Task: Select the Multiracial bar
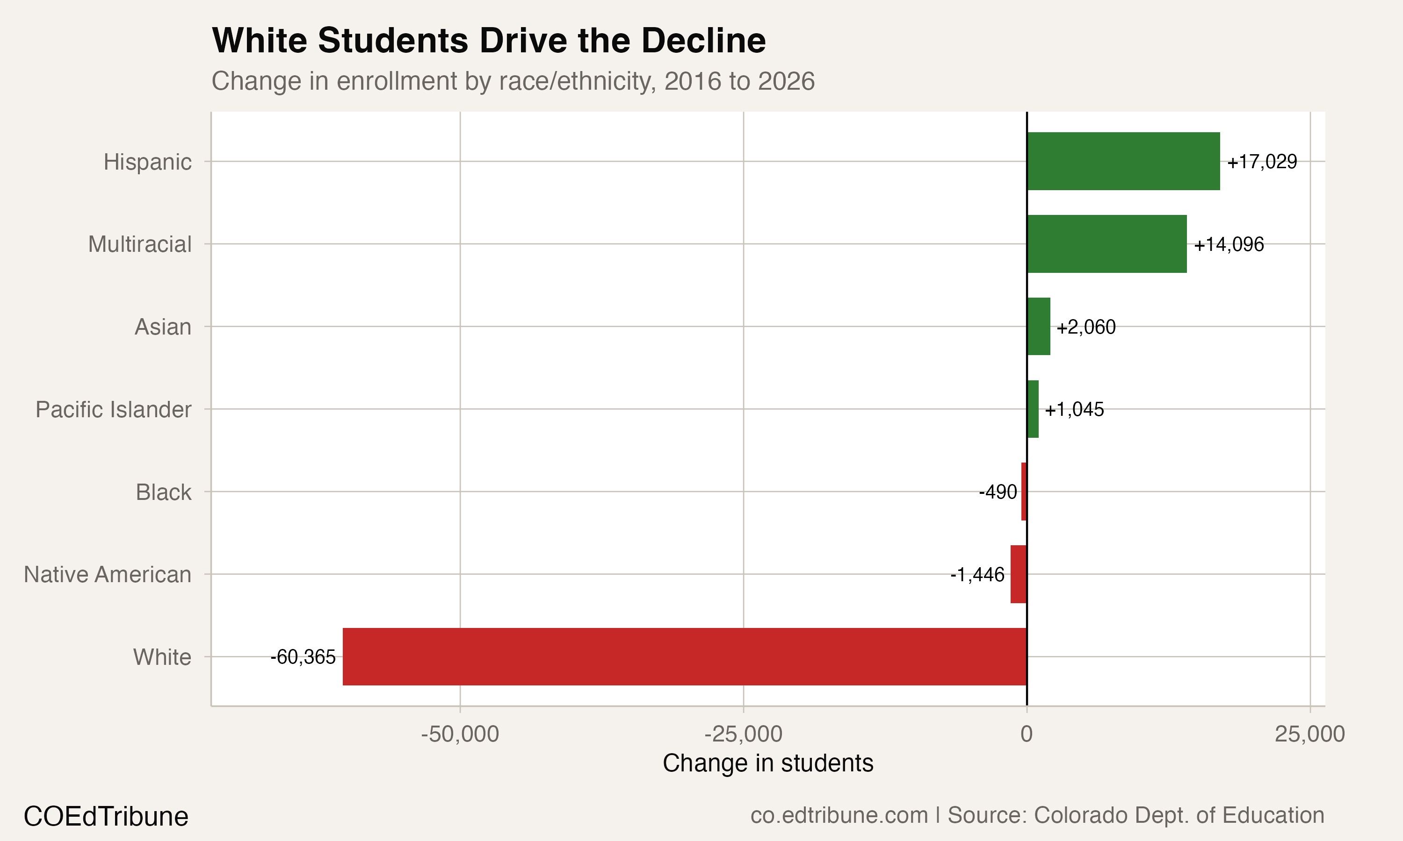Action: [1106, 244]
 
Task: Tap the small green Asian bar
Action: [1038, 327]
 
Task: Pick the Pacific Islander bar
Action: [1033, 409]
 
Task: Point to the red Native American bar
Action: [1019, 574]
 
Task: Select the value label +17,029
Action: [1262, 162]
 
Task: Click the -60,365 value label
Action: [303, 657]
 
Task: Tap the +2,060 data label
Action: [1085, 327]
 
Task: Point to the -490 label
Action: [998, 492]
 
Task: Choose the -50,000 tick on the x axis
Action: [459, 734]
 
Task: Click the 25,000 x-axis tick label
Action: [1309, 734]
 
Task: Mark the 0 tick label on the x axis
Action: [1026, 734]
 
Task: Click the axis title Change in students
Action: [768, 763]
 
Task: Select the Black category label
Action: [163, 492]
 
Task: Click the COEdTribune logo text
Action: [106, 817]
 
